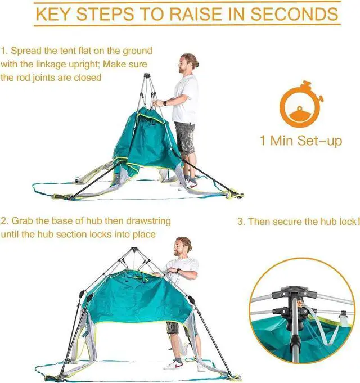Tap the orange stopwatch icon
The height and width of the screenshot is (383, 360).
(301, 107)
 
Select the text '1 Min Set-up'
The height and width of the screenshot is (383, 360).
(301, 140)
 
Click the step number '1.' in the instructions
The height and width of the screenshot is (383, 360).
(4, 51)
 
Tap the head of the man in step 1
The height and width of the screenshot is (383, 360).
(187, 62)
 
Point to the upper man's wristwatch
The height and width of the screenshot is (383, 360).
(165, 102)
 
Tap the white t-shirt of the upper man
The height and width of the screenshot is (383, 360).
(186, 99)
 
